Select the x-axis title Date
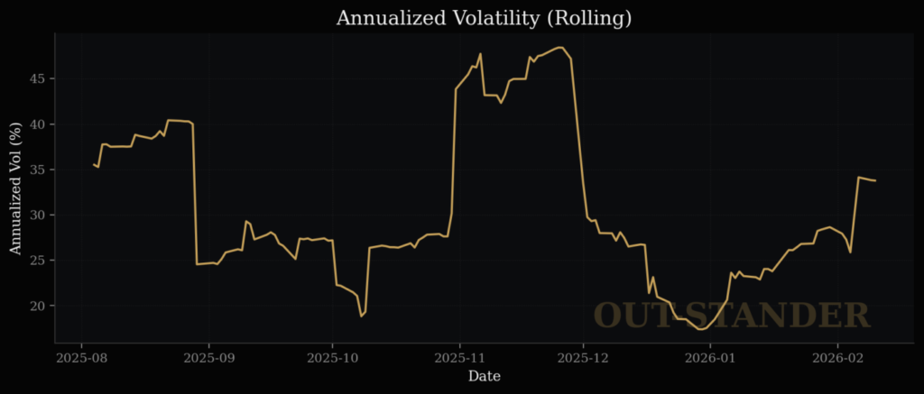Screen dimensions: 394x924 [484, 376]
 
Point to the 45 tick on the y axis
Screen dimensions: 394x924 [37, 78]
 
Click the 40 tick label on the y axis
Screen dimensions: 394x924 [37, 124]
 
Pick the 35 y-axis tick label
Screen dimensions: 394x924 [37, 170]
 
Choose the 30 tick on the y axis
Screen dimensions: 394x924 [37, 215]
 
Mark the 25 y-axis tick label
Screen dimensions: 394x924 [37, 261]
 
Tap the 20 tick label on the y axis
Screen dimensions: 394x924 [37, 307]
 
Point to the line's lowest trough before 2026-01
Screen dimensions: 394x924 [701, 329]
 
